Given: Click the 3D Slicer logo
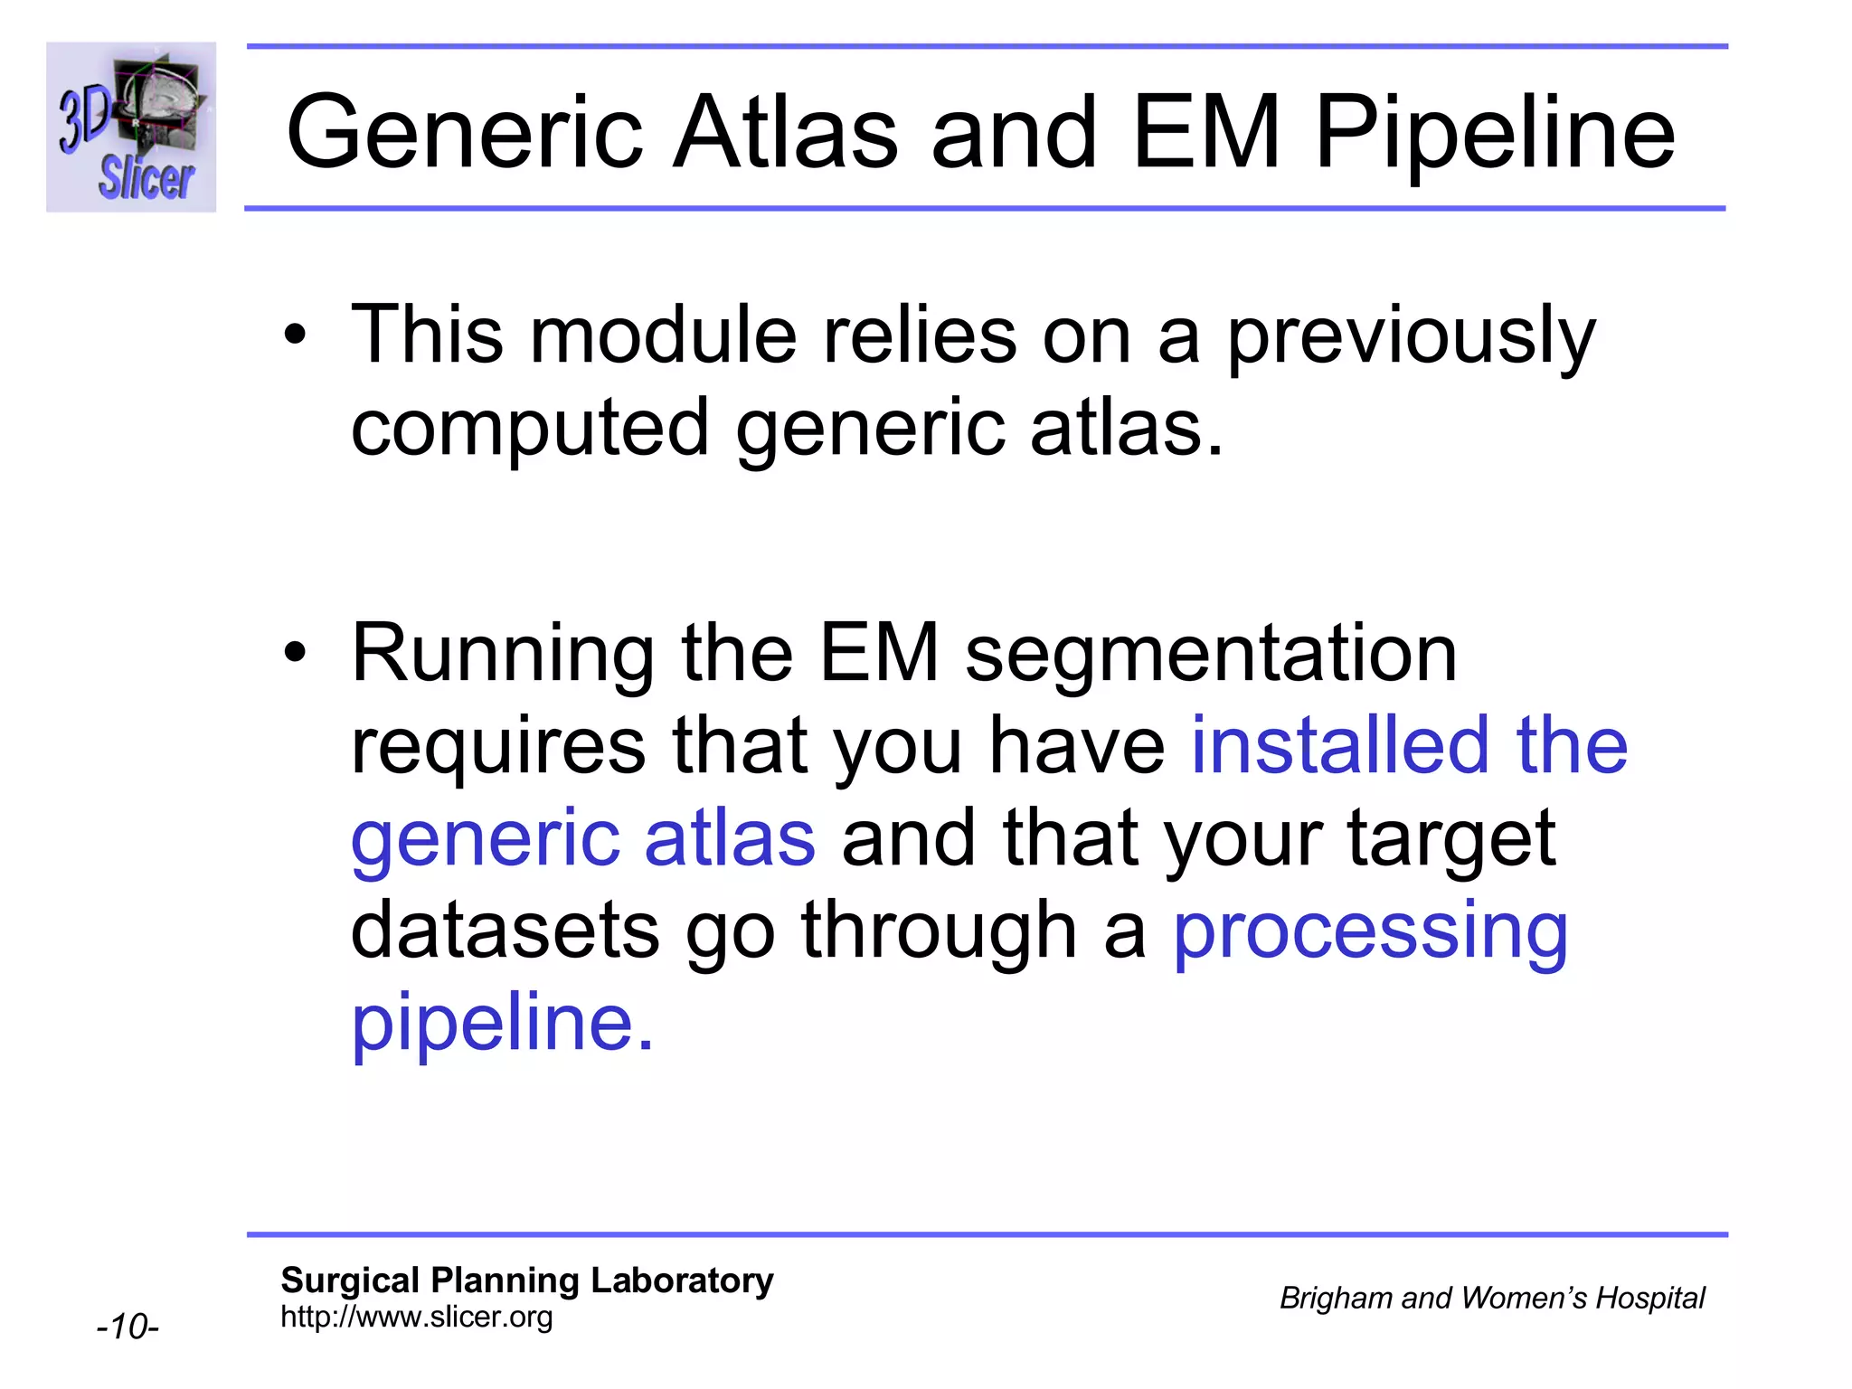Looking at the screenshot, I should (131, 128).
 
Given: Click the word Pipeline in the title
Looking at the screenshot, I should (1495, 133).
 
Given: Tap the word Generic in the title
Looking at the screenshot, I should (464, 133).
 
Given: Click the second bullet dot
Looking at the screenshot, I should (295, 653).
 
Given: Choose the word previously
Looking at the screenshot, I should (1411, 336).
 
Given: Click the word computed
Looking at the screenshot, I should (529, 429).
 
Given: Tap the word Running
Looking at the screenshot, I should (503, 655).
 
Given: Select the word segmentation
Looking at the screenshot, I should (1211, 655).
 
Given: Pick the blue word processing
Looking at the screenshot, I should (1370, 932).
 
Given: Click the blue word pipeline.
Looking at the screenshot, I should (501, 1024).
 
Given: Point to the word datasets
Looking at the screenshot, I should (505, 931).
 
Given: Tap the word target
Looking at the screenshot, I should (1451, 840).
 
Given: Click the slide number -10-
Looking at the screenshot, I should (128, 1327).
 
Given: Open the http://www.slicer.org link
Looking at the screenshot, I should (416, 1317).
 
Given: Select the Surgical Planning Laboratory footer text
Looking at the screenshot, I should (526, 1280).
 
